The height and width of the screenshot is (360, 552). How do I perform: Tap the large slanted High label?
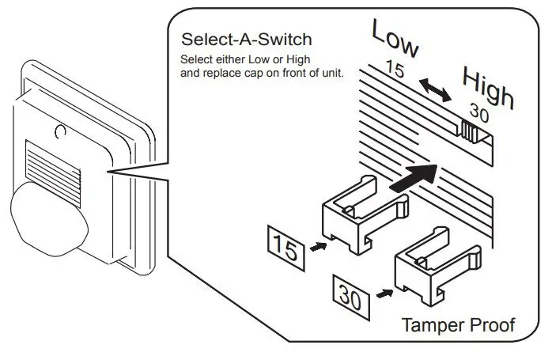point(488,89)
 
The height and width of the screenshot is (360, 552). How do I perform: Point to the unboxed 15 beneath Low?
point(395,70)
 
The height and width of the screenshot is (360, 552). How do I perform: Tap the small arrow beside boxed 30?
point(384,293)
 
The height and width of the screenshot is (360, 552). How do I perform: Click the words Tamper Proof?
point(459,324)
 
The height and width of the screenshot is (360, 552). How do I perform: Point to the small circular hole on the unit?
point(59,127)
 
